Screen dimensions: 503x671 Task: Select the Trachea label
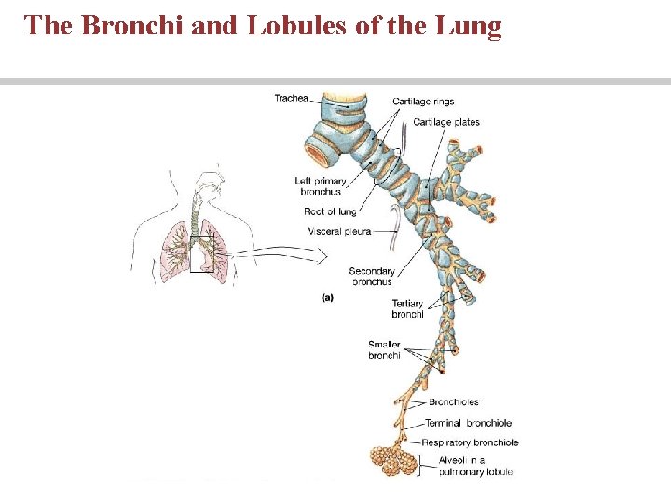291,99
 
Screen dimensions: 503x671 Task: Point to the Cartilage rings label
423,102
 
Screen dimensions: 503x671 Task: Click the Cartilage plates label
446,122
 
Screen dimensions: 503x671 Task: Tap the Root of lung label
330,212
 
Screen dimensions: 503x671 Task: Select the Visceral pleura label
338,231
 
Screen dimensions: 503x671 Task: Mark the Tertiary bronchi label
407,308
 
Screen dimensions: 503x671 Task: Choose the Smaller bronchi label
384,350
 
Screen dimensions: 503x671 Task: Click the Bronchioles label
454,402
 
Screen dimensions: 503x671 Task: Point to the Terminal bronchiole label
469,423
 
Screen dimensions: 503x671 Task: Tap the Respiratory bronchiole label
470,442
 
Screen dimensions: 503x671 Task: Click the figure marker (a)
328,298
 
